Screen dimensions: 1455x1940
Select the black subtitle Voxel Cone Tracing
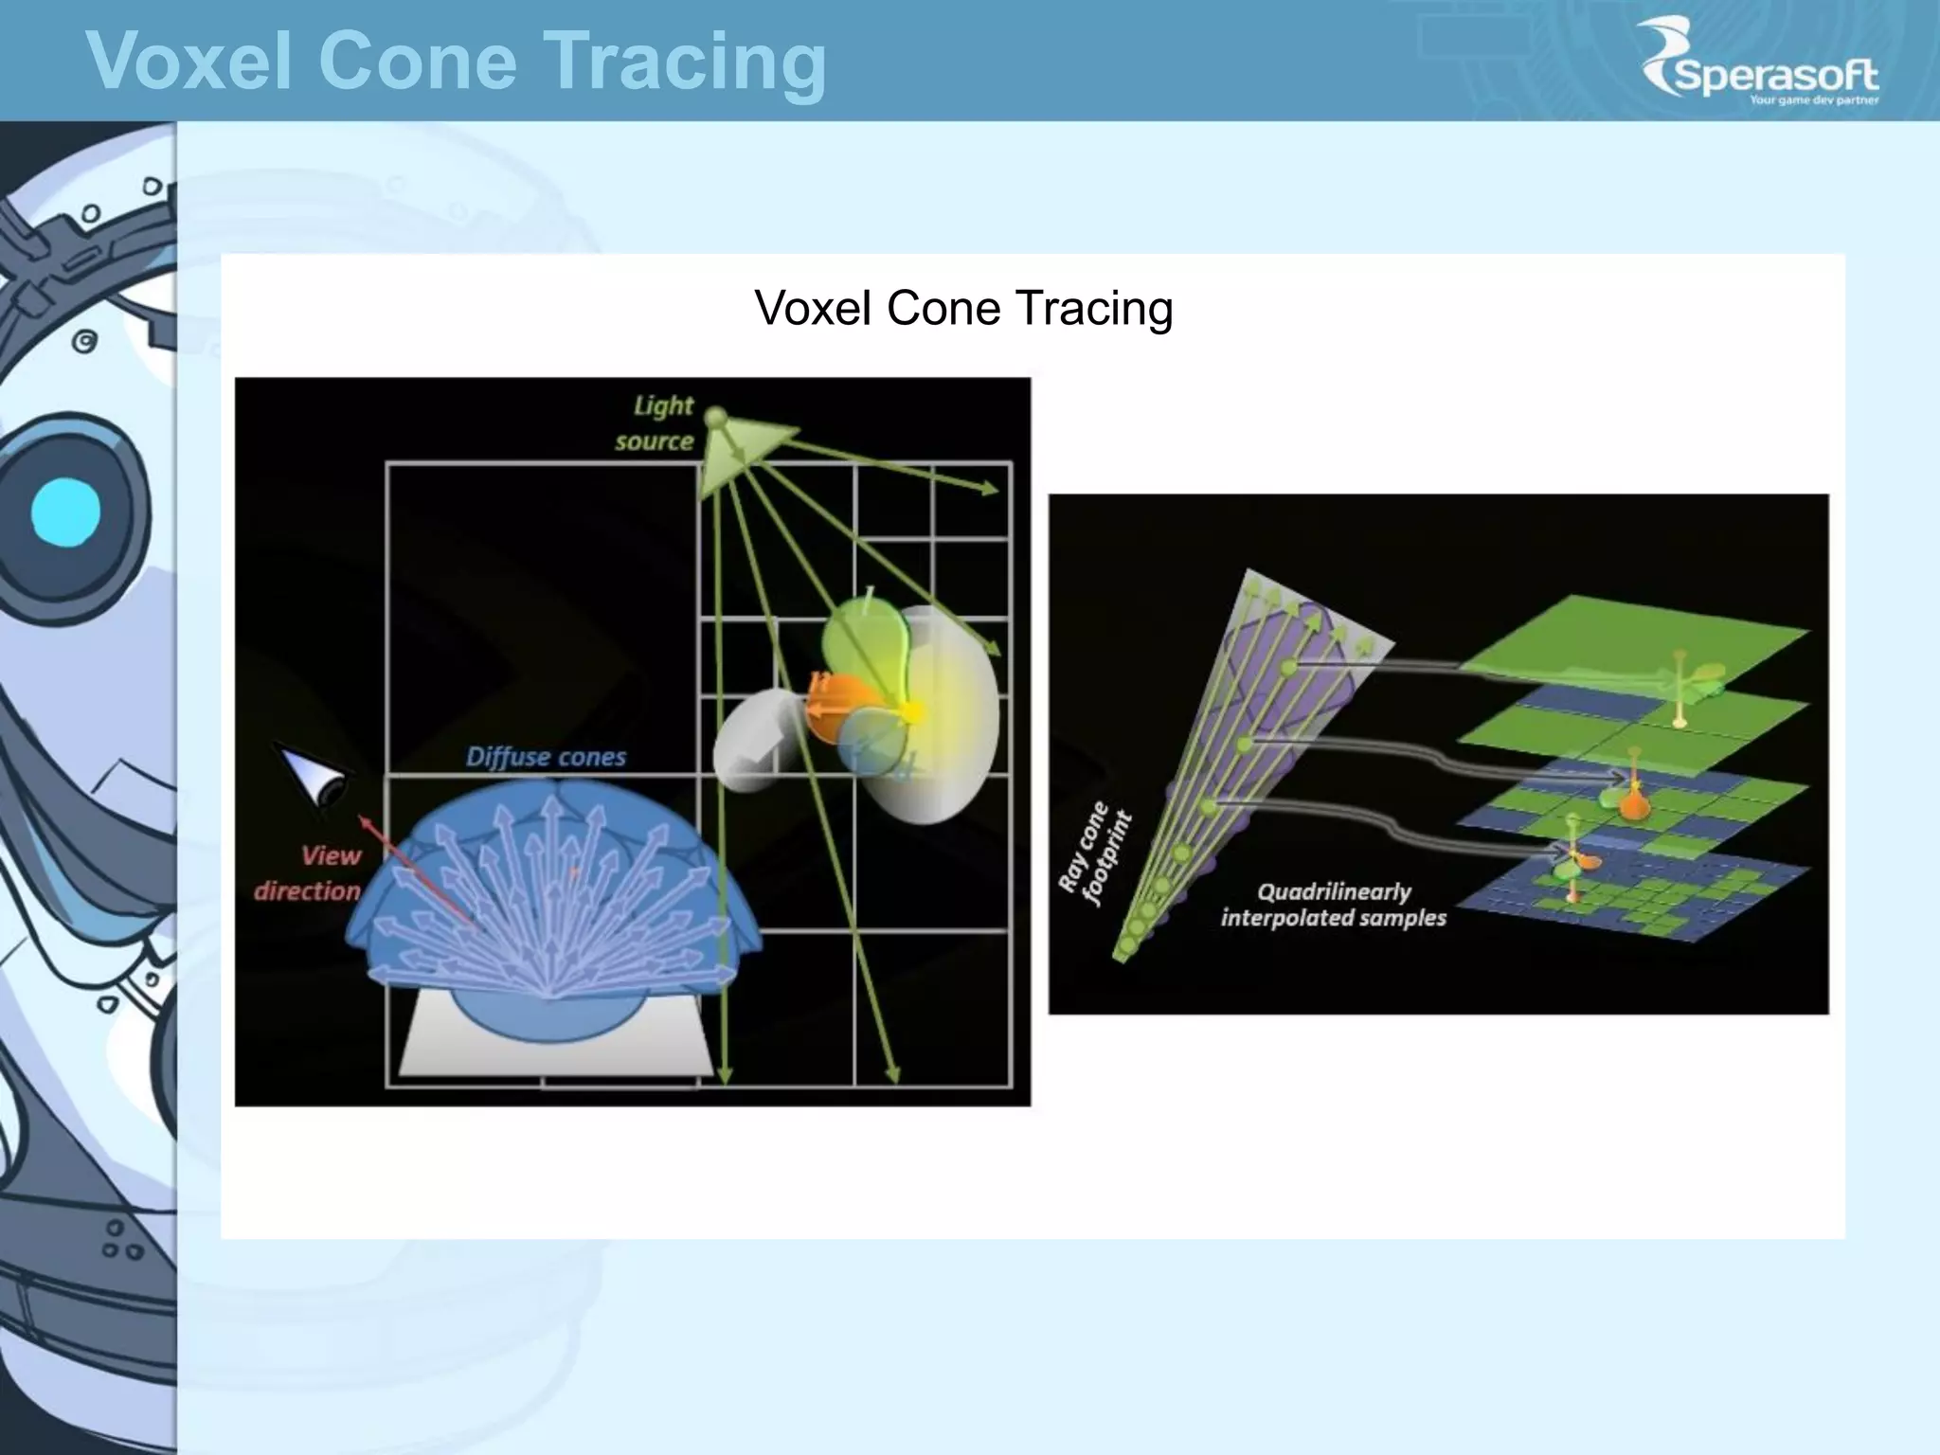(963, 308)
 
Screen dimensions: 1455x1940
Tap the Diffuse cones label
(546, 757)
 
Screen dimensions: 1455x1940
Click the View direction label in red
(309, 872)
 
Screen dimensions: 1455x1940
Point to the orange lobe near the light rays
(838, 706)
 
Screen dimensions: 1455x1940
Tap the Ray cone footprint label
(1095, 853)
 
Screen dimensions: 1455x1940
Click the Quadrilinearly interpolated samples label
(1333, 905)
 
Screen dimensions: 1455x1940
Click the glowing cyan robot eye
(64, 512)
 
